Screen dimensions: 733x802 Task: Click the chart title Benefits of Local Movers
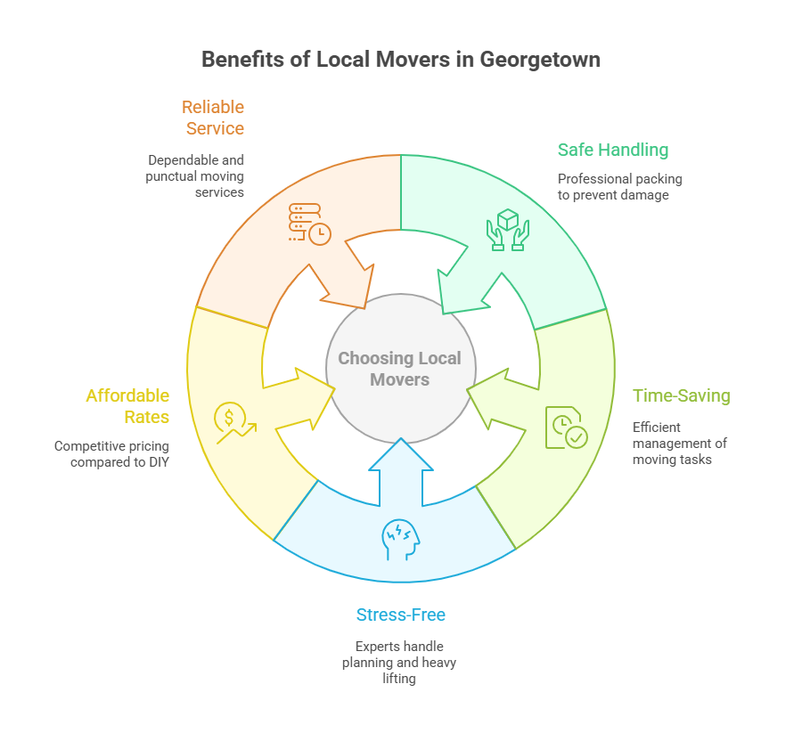[x=400, y=60]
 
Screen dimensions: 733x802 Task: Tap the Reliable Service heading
[x=214, y=118]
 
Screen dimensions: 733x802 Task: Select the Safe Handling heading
[x=612, y=150]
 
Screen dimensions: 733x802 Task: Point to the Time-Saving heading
[x=681, y=395]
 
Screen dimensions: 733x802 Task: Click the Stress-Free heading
[x=400, y=615]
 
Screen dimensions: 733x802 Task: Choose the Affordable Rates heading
[x=127, y=406]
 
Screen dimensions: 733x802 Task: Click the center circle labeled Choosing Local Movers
[x=400, y=369]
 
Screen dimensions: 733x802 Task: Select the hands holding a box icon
[x=507, y=229]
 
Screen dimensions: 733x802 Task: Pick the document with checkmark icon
[x=567, y=427]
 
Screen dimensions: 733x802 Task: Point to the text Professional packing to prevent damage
[x=619, y=187]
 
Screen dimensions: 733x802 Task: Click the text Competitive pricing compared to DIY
[x=112, y=453]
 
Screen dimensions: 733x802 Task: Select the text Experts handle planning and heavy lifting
[x=400, y=663]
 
